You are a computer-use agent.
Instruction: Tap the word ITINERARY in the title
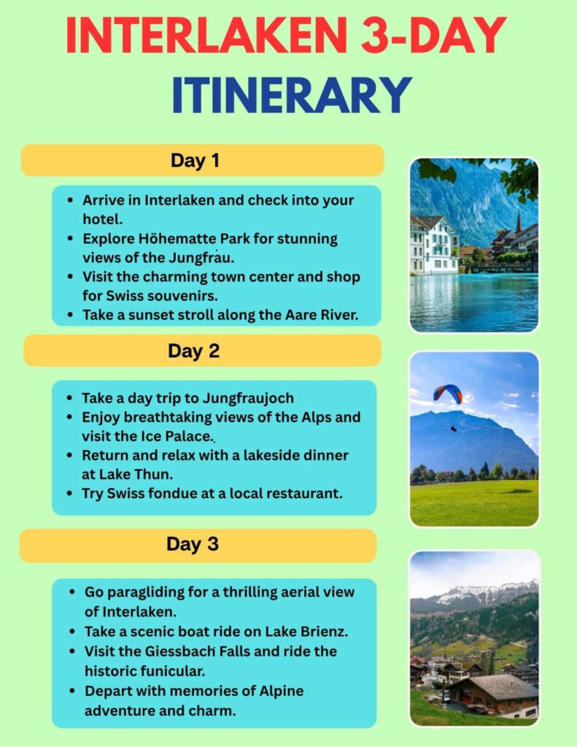click(292, 96)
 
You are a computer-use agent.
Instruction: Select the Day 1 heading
click(195, 160)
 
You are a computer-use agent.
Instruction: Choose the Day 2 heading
click(193, 351)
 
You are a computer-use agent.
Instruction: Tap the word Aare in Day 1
click(280, 315)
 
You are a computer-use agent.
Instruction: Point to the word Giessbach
click(179, 650)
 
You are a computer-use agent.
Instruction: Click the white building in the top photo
click(434, 244)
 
